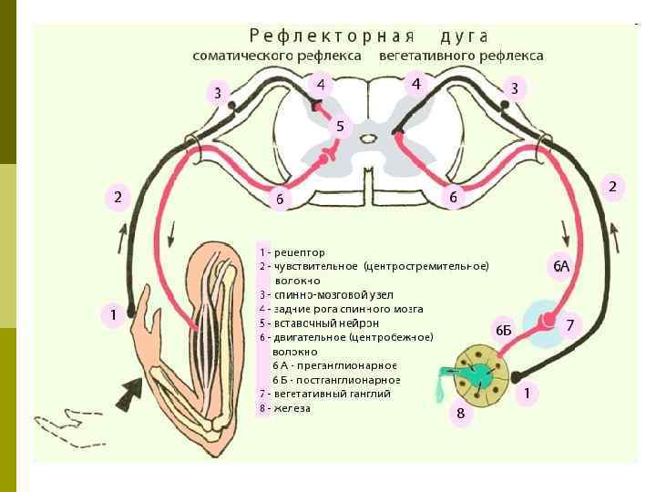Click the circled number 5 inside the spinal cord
[340, 126]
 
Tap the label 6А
[561, 266]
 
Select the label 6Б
[504, 330]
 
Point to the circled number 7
[570, 325]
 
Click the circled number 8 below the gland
[460, 415]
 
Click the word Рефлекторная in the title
[332, 36]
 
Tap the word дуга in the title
[464, 36]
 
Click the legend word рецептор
[300, 251]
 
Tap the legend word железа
[292, 408]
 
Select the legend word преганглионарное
[357, 365]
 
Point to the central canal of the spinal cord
[368, 139]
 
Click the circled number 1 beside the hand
[113, 315]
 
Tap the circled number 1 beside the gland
[526, 394]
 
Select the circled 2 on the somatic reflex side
[118, 197]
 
